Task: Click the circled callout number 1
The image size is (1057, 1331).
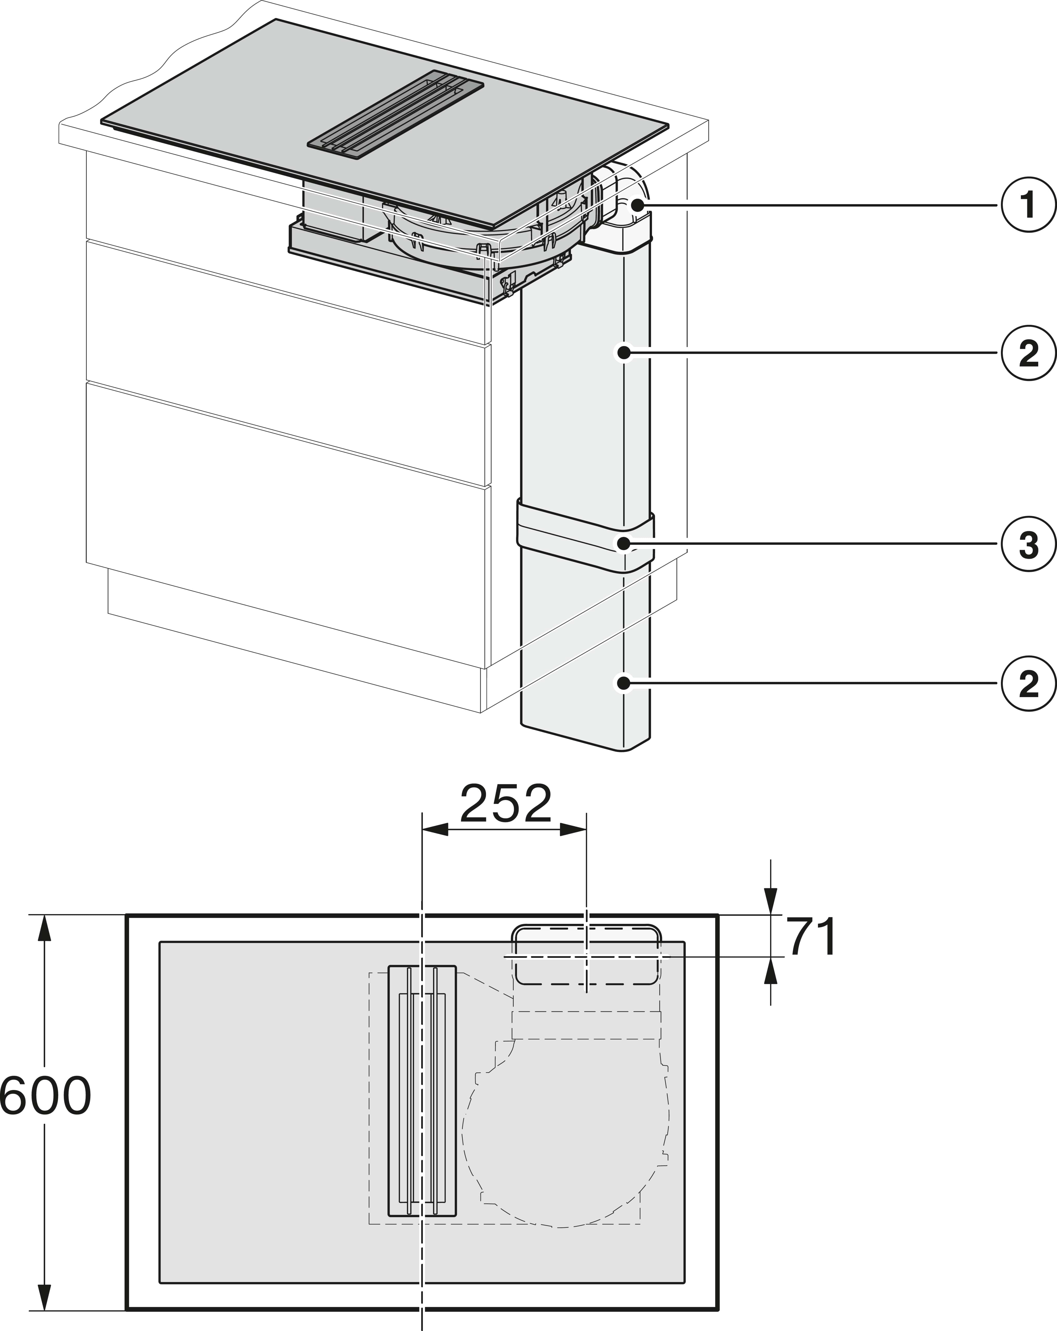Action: point(1028,206)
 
